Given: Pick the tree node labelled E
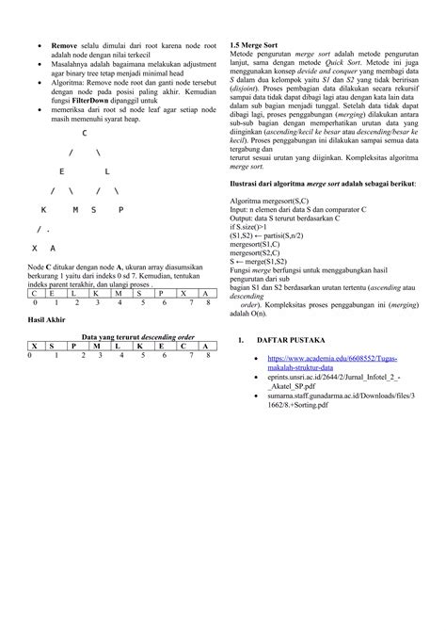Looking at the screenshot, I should [x=61, y=171].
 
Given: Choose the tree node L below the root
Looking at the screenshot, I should [x=107, y=171].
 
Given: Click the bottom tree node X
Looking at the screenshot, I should [x=35, y=248].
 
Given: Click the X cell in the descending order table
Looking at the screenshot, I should [x=35, y=346].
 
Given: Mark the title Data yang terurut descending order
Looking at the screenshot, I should [x=138, y=336].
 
